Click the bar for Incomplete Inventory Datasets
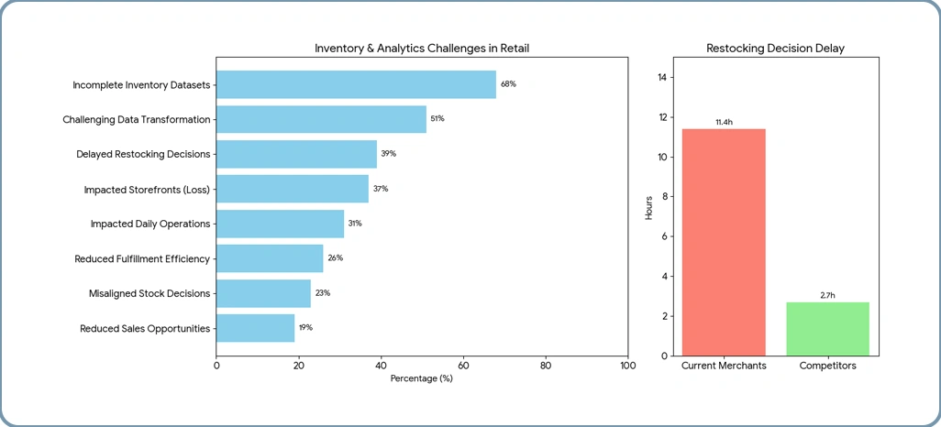tap(356, 84)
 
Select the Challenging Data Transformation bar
tap(321, 119)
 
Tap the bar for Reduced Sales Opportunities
tap(255, 328)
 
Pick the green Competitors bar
tap(827, 329)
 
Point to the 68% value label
tap(508, 84)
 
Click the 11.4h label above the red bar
tap(724, 122)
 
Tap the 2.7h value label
tap(827, 295)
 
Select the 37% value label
tap(381, 189)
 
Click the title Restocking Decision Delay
tap(776, 48)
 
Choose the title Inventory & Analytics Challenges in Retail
tap(422, 48)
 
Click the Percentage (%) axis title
tap(422, 378)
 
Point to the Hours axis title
tap(649, 206)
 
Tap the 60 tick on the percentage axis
tap(463, 366)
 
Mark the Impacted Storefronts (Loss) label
tap(147, 189)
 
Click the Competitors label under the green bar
tap(827, 366)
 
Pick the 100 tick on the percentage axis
tap(627, 366)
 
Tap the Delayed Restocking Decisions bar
tap(296, 154)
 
